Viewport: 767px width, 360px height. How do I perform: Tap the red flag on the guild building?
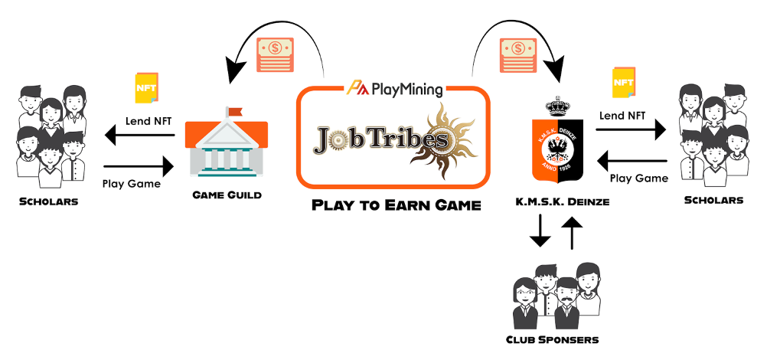click(x=234, y=111)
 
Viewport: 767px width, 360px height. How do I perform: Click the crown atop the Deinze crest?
click(x=558, y=106)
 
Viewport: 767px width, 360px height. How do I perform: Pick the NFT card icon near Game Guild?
click(x=146, y=87)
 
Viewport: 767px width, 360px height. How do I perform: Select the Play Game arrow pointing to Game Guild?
click(x=139, y=165)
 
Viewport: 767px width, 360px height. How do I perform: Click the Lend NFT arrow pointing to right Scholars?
click(x=632, y=131)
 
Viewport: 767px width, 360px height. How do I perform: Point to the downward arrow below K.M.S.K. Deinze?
click(x=540, y=231)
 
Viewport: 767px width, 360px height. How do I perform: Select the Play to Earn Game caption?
click(x=396, y=205)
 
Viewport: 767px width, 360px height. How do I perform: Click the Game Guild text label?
click(x=227, y=195)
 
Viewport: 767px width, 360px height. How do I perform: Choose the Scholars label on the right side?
click(x=713, y=200)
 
